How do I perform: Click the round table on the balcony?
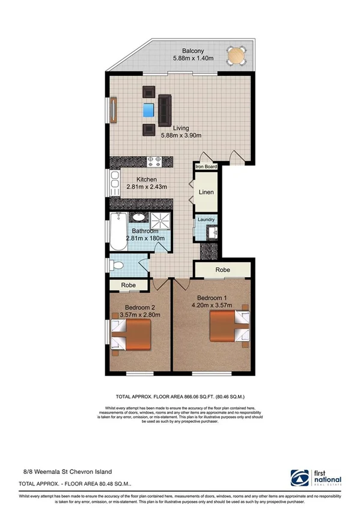click(x=236, y=56)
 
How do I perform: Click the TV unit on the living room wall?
click(x=112, y=110)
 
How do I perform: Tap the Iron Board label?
click(x=205, y=167)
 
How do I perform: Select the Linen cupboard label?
click(x=207, y=192)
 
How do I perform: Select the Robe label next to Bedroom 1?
click(x=224, y=270)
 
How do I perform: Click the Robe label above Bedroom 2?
click(x=128, y=285)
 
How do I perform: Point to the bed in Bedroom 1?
click(x=228, y=330)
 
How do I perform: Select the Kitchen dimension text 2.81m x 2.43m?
click(x=146, y=187)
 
